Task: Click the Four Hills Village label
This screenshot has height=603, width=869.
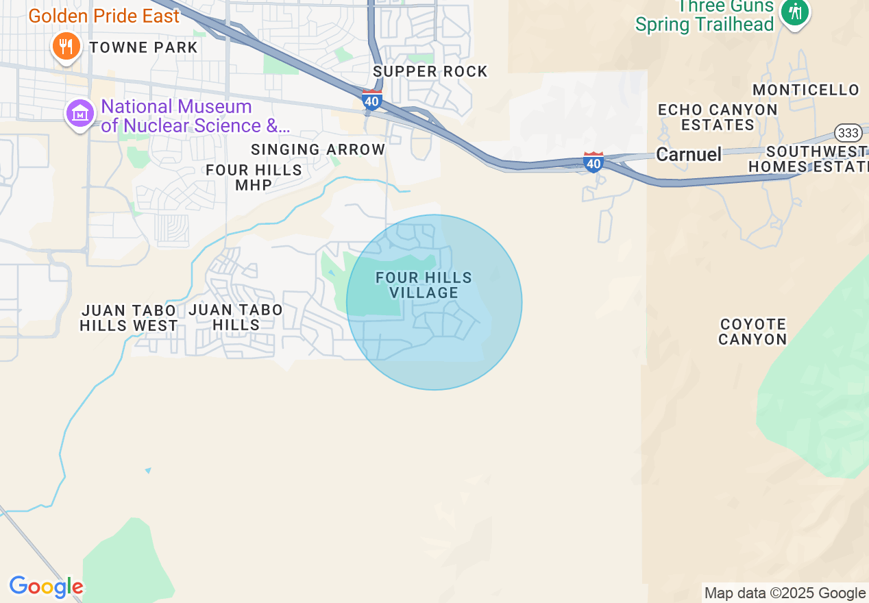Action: pyautogui.click(x=424, y=285)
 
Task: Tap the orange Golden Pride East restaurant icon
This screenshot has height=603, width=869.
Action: pyautogui.click(x=66, y=46)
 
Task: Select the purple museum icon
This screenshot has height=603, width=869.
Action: pyautogui.click(x=80, y=114)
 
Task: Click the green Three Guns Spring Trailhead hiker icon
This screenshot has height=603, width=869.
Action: pyautogui.click(x=795, y=12)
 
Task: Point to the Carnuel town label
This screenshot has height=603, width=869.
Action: pyautogui.click(x=689, y=154)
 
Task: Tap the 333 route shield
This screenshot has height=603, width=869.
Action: pyautogui.click(x=847, y=133)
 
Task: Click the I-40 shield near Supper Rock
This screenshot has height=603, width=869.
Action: pyautogui.click(x=372, y=100)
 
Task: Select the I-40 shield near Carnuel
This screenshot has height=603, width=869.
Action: pyautogui.click(x=593, y=162)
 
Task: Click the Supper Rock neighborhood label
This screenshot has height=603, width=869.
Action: pyautogui.click(x=430, y=71)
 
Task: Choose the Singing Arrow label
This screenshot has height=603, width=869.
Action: pyautogui.click(x=318, y=149)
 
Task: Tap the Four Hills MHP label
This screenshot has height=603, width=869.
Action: pyautogui.click(x=254, y=177)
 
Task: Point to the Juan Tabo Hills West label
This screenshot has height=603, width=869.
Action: pyautogui.click(x=129, y=318)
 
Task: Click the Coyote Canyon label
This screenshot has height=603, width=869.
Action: pyautogui.click(x=752, y=331)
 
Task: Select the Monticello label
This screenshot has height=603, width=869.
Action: pyautogui.click(x=806, y=90)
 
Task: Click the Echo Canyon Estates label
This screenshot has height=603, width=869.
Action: pyautogui.click(x=717, y=117)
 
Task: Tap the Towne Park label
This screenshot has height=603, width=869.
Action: pyautogui.click(x=143, y=47)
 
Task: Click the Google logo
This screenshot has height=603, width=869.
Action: pyautogui.click(x=46, y=587)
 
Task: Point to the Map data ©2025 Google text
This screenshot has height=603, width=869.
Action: pyautogui.click(x=785, y=593)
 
